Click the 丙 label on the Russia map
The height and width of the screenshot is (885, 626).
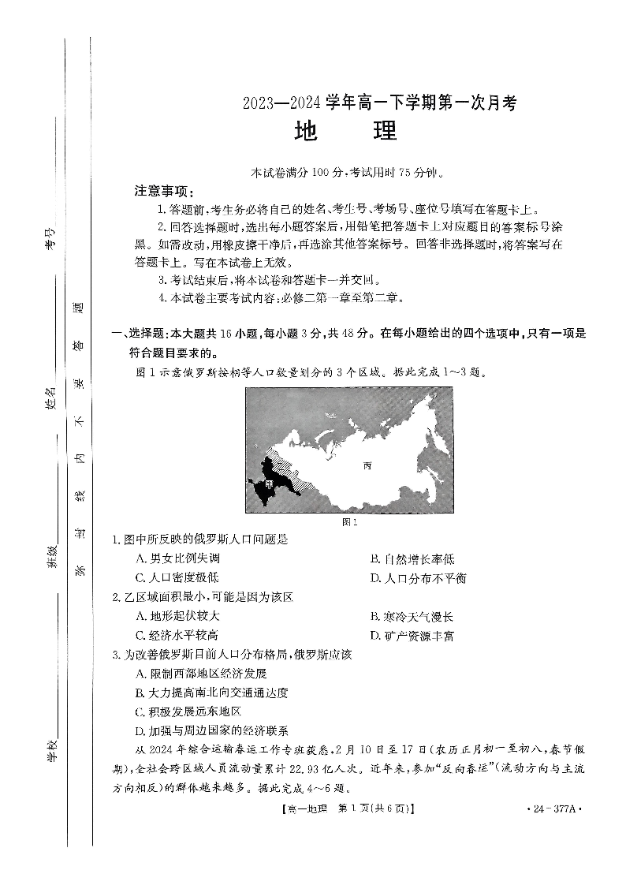tap(367, 465)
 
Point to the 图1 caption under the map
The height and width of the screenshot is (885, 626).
tap(351, 521)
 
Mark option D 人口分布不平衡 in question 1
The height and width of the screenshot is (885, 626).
tap(418, 578)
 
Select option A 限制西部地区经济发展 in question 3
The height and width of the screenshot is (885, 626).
tap(201, 673)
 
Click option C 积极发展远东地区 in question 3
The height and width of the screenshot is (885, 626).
tap(188, 711)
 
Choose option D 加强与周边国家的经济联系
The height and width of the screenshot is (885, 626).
tap(212, 730)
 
